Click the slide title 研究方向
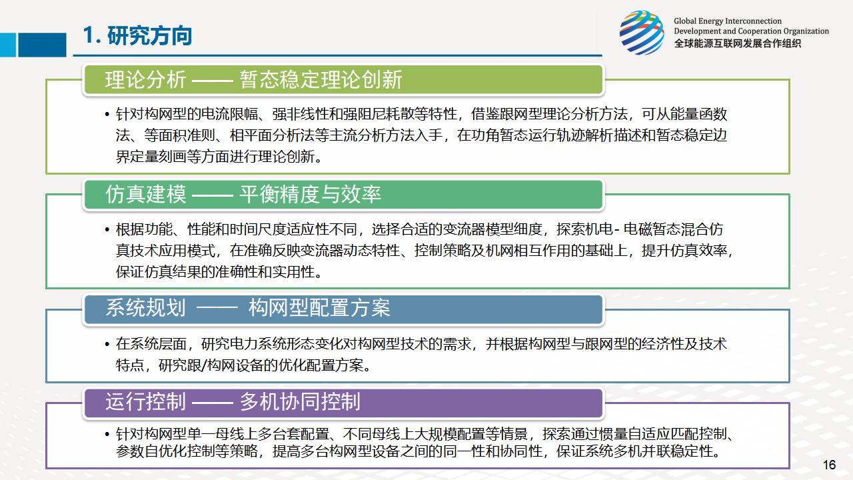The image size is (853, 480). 150,36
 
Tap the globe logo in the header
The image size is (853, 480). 642,33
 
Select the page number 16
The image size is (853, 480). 829,465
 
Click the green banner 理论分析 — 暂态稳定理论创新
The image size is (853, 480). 343,79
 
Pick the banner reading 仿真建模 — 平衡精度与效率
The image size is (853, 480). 343,194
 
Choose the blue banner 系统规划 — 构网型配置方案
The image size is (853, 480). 343,309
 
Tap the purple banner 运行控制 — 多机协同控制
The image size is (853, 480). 343,402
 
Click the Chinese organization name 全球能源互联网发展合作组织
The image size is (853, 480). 737,43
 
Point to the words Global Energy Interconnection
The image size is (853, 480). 727,21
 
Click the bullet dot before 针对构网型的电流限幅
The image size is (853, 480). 107,114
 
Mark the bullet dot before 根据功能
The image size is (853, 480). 107,230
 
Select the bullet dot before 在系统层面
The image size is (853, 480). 107,345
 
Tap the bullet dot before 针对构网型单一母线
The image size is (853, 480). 107,434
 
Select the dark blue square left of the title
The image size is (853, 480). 42,45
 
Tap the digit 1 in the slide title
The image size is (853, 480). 88,35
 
